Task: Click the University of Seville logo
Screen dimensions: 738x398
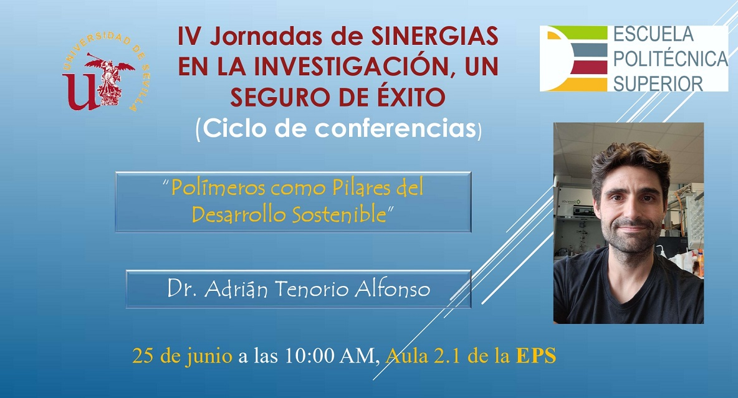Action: pyautogui.click(x=107, y=73)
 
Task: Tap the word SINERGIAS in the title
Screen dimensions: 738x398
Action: pyautogui.click(x=435, y=36)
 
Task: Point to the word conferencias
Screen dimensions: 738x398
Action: pyautogui.click(x=395, y=128)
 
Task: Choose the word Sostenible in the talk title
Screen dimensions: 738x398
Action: pyautogui.click(x=339, y=214)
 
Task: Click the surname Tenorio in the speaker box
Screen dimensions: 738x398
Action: pyautogui.click(x=312, y=288)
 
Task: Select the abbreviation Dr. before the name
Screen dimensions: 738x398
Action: pyautogui.click(x=181, y=288)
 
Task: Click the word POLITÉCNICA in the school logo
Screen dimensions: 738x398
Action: pyautogui.click(x=670, y=59)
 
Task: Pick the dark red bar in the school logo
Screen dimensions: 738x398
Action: pyautogui.click(x=589, y=67)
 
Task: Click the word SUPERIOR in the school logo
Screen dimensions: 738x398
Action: pyautogui.click(x=658, y=83)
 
